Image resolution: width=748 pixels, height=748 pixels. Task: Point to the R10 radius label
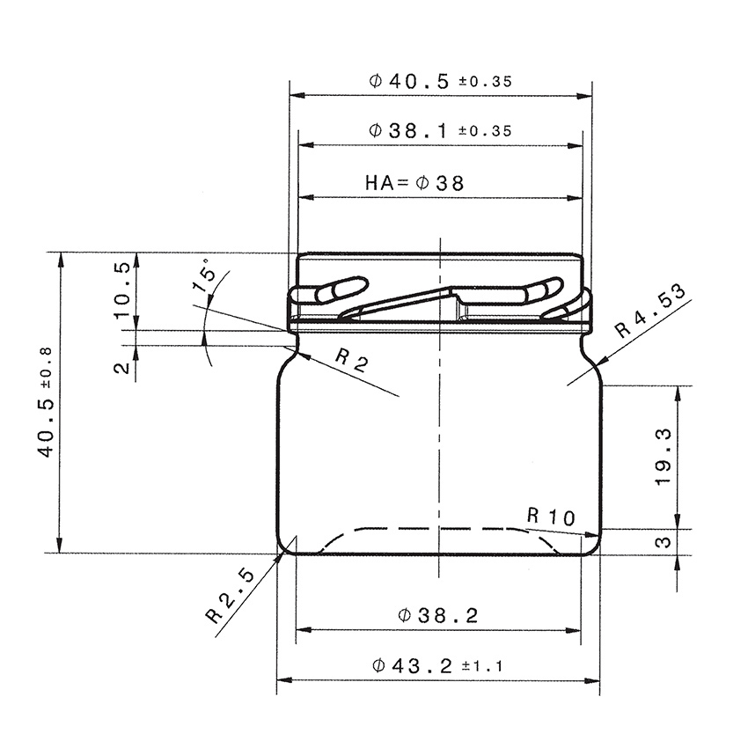coord(550,517)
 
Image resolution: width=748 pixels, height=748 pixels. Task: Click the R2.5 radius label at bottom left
coord(230,596)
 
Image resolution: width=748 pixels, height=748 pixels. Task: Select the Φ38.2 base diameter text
coord(437,615)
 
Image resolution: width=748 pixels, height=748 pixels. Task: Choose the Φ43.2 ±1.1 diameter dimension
coord(437,666)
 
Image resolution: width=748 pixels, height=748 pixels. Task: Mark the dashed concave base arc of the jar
coord(437,529)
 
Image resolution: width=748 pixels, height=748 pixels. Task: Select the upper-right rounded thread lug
coord(540,290)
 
